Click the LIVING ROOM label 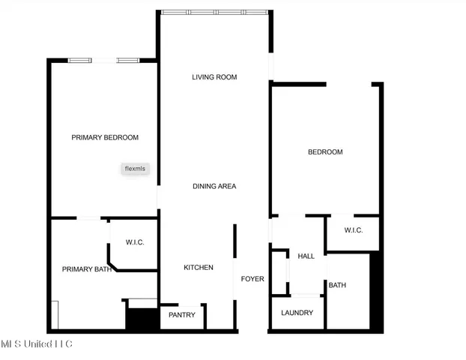click(214, 76)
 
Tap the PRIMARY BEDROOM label click(105, 137)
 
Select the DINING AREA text click(214, 186)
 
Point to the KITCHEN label click(199, 268)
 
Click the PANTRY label click(182, 315)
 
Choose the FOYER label click(252, 279)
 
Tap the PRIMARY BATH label click(86, 269)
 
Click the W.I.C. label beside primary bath click(135, 242)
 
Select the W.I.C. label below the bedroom click(354, 230)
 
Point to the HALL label click(306, 256)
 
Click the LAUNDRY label click(297, 313)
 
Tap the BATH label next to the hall click(337, 285)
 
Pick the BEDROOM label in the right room click(325, 152)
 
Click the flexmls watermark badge click(136, 169)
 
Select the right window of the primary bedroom click(127, 60)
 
